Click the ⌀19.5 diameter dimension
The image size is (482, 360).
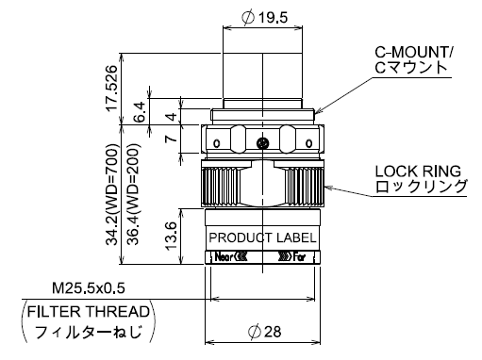pos(265,18)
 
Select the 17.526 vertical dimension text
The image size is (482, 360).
pos(112,88)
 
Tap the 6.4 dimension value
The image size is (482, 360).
pos(140,111)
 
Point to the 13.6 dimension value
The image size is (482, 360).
pos(172,236)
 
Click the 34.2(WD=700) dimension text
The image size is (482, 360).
pos(112,194)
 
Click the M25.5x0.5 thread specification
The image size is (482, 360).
pos(89,288)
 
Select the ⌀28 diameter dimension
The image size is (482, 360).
pos(264,332)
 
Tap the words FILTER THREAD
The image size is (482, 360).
pos(89,312)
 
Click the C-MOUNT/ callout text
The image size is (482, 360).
pos(413,52)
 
